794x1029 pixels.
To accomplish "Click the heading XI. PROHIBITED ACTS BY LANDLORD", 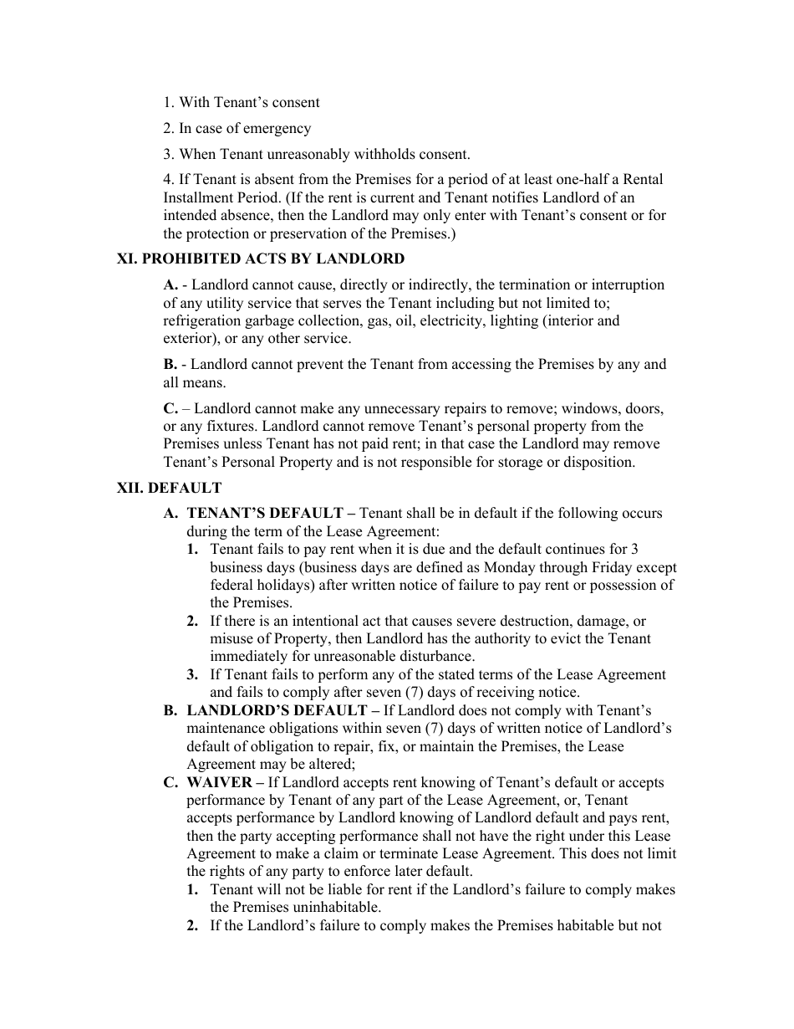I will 260,259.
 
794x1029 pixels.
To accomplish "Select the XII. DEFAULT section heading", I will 169,488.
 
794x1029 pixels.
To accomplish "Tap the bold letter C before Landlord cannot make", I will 170,408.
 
